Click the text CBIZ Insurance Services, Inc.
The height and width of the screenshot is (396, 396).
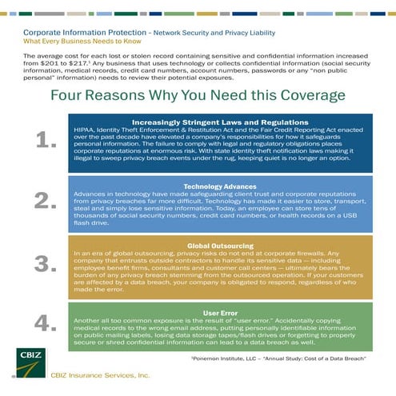pos(99,374)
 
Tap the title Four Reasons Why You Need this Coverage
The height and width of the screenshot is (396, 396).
pos(198,96)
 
